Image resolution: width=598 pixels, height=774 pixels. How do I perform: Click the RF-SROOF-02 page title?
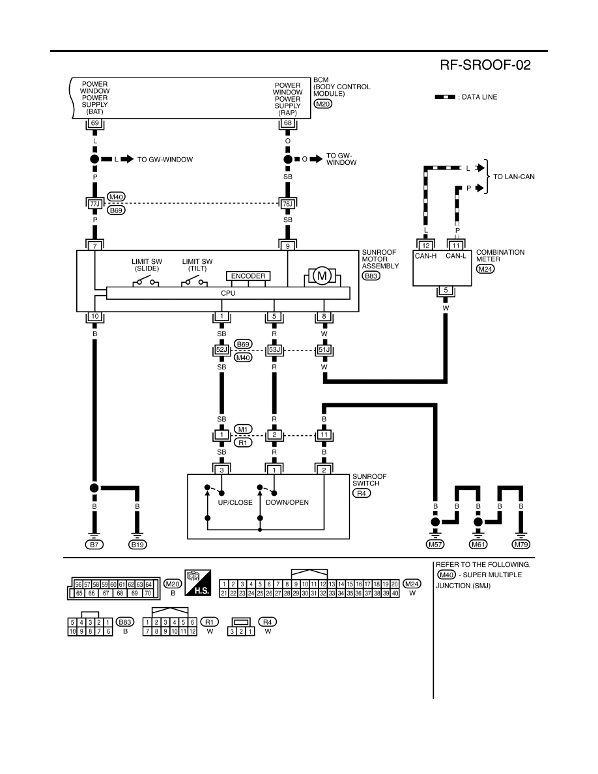(x=485, y=65)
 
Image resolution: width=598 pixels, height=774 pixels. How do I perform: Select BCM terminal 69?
(x=94, y=123)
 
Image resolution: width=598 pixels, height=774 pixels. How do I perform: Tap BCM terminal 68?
(x=288, y=123)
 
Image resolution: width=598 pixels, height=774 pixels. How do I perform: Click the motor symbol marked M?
(x=322, y=276)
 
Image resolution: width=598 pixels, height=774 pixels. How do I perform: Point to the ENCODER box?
(x=248, y=276)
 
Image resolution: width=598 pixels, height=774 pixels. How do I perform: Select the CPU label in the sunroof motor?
(x=228, y=293)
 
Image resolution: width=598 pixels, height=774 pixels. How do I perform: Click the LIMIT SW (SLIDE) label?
(x=147, y=265)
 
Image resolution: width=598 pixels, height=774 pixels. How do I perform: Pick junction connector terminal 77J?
(x=94, y=203)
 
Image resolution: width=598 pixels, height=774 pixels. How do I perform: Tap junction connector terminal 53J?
(x=274, y=350)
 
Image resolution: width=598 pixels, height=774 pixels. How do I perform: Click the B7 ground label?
(x=94, y=545)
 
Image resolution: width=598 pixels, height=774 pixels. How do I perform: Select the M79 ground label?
(x=521, y=545)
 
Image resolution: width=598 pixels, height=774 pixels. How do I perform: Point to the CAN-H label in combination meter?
(x=426, y=255)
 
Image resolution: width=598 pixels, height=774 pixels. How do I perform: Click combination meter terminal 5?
(x=446, y=291)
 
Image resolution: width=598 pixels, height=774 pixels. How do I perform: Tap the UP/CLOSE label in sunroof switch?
(x=235, y=502)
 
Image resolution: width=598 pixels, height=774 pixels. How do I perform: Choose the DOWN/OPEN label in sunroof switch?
(x=287, y=502)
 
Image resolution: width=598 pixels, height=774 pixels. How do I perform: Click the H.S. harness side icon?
(x=198, y=582)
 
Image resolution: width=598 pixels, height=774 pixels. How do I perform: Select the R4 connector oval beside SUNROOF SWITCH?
(x=362, y=493)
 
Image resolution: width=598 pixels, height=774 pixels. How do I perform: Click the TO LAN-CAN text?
(x=513, y=177)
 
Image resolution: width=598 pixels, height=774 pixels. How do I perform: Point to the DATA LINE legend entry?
(x=466, y=97)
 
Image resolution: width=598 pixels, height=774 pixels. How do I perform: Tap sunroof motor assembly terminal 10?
(x=94, y=317)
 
